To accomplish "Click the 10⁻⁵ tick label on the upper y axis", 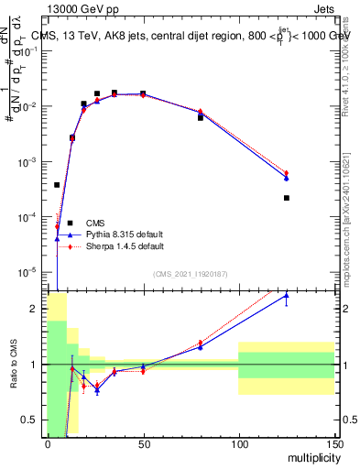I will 31,272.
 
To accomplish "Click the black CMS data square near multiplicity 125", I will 287,198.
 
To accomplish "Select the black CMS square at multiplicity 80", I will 201,117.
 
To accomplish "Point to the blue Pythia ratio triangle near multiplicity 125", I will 287,296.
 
